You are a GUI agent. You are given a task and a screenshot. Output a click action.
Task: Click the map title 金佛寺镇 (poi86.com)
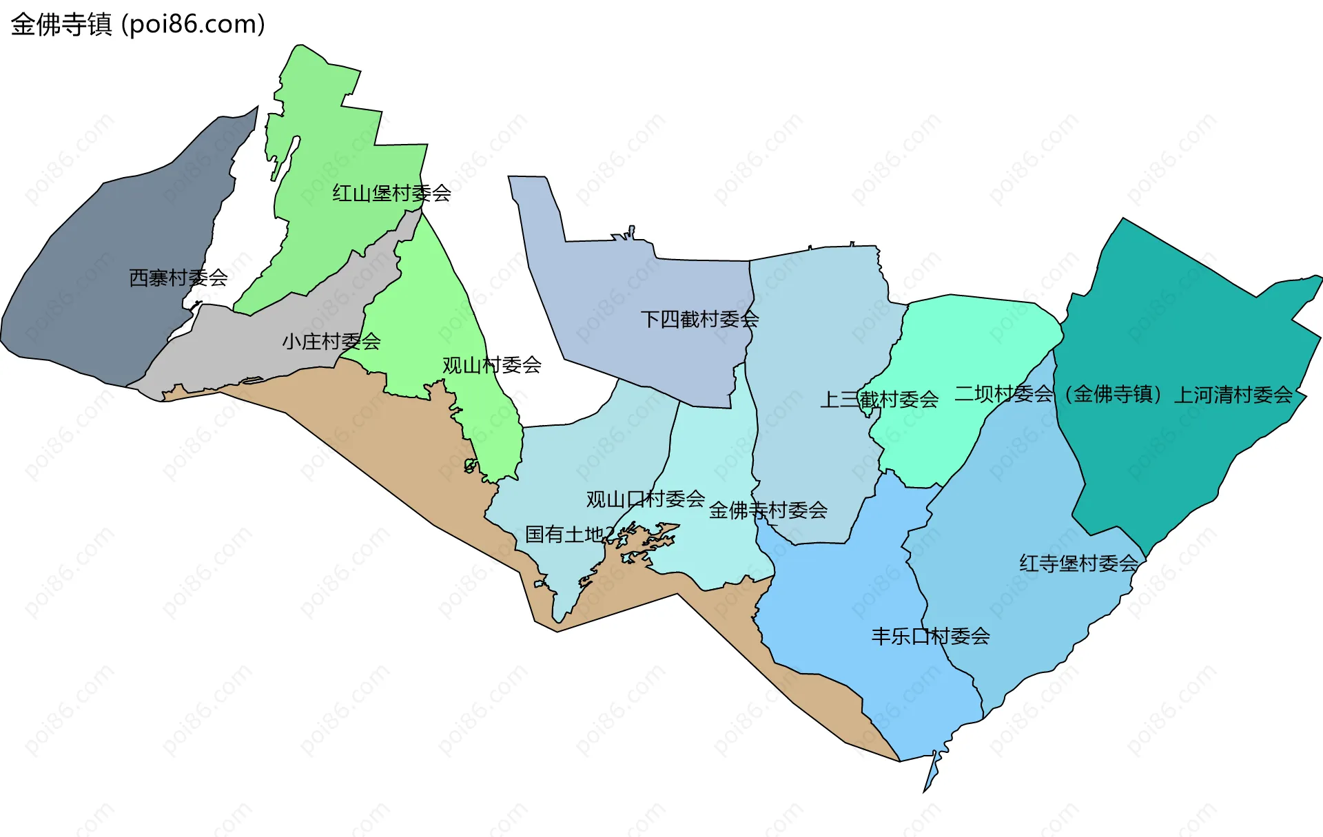pyautogui.click(x=138, y=25)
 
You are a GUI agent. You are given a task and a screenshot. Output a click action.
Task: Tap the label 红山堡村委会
pyautogui.click(x=391, y=193)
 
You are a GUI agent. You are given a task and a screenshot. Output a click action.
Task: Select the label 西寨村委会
pyautogui.click(x=178, y=278)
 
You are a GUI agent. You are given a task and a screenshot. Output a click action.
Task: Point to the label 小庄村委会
pyautogui.click(x=331, y=341)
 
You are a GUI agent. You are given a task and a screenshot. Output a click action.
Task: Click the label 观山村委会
pyautogui.click(x=491, y=365)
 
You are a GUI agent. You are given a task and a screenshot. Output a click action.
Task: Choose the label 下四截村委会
pyautogui.click(x=699, y=319)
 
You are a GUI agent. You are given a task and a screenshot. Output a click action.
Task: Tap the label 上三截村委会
pyautogui.click(x=879, y=400)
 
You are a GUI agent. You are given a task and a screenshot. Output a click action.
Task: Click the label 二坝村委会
pyautogui.click(x=1003, y=394)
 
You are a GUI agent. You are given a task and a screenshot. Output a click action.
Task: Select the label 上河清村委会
pyautogui.click(x=1233, y=395)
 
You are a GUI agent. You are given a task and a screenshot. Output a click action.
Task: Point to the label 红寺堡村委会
pyautogui.click(x=1078, y=564)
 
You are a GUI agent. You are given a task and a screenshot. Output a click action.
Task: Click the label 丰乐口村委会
pyautogui.click(x=930, y=636)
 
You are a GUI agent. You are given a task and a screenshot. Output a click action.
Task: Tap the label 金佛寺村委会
pyautogui.click(x=768, y=510)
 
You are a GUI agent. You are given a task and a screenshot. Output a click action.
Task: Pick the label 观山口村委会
pyautogui.click(x=645, y=499)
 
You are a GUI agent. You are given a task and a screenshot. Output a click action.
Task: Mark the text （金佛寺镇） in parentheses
pyautogui.click(x=1114, y=394)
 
